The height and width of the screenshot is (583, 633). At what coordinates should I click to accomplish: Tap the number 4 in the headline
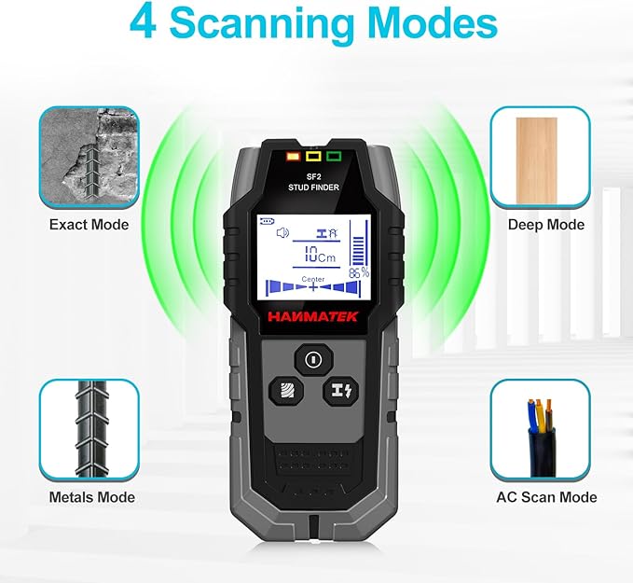click(x=143, y=23)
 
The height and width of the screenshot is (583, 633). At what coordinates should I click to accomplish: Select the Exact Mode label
click(x=89, y=224)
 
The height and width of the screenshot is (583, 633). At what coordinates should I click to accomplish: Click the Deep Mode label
click(x=546, y=224)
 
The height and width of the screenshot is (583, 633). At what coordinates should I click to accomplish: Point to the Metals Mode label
click(x=91, y=497)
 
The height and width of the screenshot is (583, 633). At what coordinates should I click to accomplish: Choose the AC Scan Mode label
click(x=546, y=497)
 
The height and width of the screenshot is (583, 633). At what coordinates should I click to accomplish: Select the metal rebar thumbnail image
click(x=89, y=429)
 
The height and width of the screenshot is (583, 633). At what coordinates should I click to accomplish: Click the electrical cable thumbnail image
click(x=540, y=429)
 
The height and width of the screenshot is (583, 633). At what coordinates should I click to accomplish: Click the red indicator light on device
click(x=293, y=156)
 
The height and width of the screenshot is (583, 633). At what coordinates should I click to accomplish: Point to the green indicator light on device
click(x=335, y=156)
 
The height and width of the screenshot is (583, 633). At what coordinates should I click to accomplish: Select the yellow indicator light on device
click(x=314, y=156)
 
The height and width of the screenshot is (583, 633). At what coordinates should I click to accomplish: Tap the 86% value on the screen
click(x=358, y=273)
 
